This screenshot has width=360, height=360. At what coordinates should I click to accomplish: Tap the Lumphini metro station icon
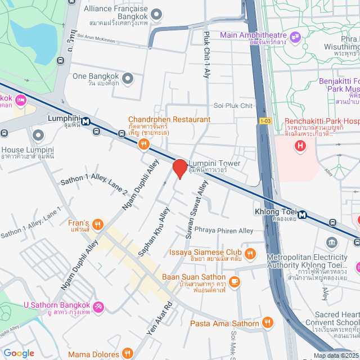click(85, 121)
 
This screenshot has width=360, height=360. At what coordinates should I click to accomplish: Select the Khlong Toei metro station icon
click(303, 214)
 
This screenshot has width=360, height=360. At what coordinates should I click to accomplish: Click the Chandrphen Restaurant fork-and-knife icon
click(145, 144)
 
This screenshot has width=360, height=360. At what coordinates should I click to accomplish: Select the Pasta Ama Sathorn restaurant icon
click(267, 323)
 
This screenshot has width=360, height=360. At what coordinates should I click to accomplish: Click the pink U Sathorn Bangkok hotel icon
click(98, 307)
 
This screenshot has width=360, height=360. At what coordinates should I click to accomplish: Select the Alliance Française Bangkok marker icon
click(157, 13)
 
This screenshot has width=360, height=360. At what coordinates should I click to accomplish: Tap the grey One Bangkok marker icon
click(128, 79)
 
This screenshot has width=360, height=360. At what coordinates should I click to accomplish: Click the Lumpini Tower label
click(214, 164)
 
